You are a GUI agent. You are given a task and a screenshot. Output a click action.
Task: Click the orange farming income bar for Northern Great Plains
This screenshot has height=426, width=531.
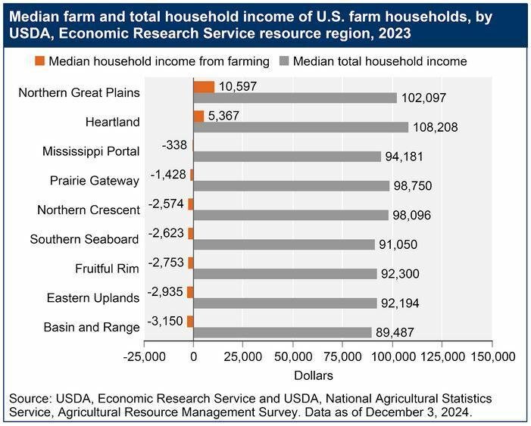(204, 86)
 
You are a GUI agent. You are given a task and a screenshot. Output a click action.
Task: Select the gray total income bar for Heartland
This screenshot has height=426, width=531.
(301, 127)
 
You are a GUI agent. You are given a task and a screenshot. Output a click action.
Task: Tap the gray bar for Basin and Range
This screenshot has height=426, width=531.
(283, 332)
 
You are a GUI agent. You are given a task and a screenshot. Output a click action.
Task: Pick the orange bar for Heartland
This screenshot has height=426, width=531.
(198, 116)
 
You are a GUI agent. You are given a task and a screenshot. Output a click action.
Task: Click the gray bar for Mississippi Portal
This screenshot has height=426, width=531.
(287, 156)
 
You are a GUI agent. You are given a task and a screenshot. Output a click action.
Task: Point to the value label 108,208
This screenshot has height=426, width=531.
(435, 127)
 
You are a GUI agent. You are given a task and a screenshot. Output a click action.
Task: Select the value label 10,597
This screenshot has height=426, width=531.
(236, 86)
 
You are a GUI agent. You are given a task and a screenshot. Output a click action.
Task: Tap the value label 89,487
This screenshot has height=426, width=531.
(397, 332)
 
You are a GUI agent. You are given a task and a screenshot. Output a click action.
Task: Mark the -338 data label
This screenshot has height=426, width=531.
(176, 145)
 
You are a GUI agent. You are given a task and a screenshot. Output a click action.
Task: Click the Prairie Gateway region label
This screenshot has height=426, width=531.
(95, 181)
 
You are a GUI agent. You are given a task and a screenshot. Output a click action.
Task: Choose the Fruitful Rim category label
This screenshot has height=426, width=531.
(107, 269)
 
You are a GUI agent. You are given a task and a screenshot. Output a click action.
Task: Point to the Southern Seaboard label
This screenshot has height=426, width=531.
(84, 239)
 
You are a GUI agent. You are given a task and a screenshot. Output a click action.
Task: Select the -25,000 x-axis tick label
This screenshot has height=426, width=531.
(144, 356)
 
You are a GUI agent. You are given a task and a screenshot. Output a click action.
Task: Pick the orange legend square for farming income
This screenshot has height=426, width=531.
(40, 61)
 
